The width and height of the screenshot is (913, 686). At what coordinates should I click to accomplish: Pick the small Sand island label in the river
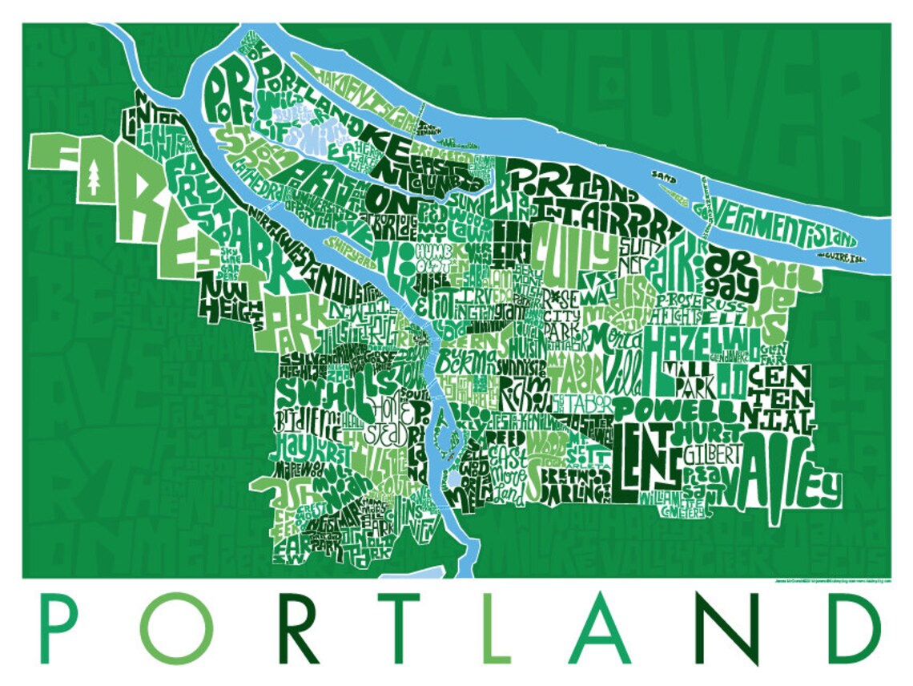pyautogui.click(x=664, y=172)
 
